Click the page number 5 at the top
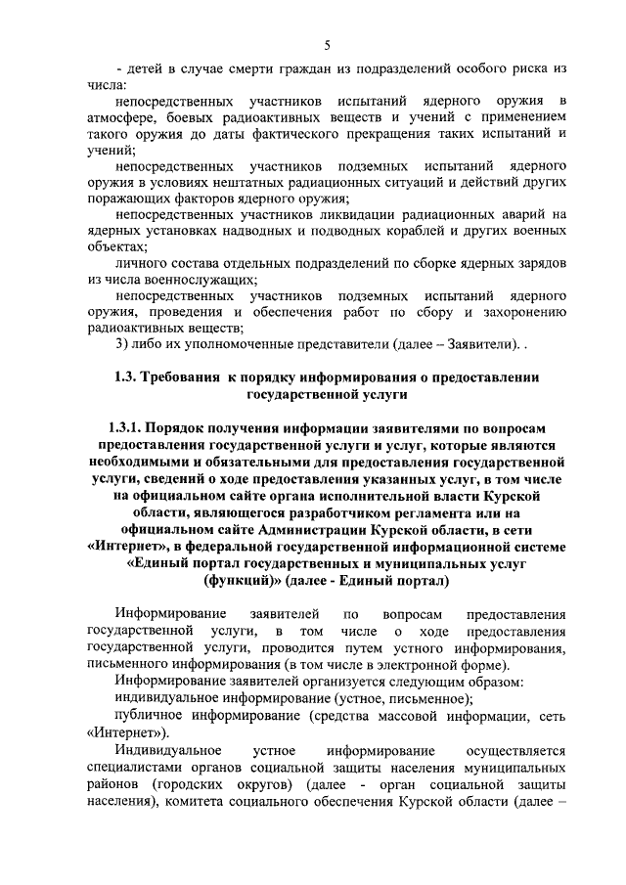pos(328,44)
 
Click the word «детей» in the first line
pos(144,69)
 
